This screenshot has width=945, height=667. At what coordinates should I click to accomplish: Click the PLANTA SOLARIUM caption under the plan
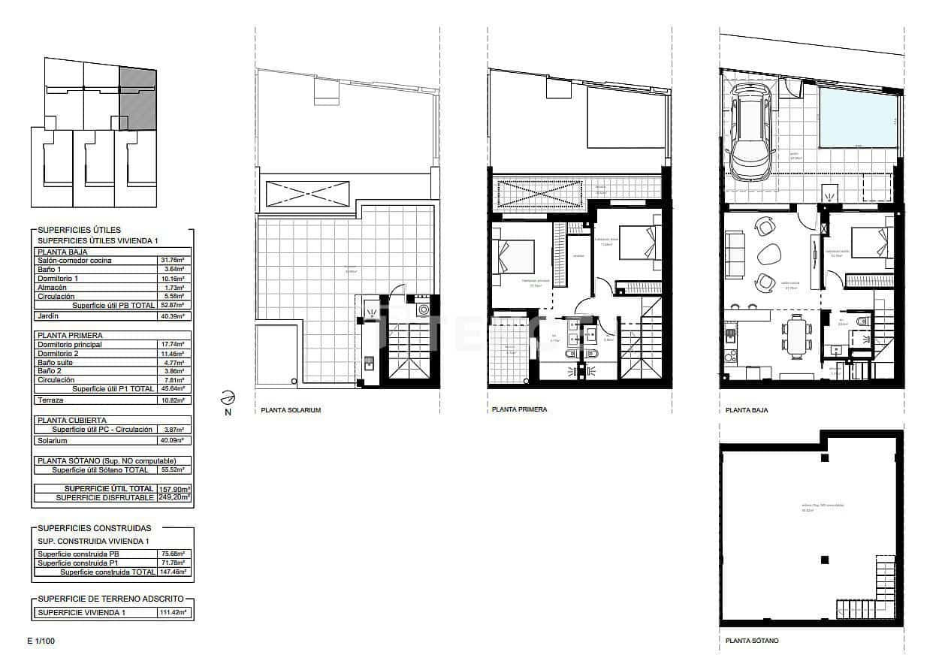click(x=291, y=411)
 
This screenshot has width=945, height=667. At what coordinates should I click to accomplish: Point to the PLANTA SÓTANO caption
click(x=752, y=641)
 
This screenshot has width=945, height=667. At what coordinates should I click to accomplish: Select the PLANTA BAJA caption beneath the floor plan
click(x=747, y=411)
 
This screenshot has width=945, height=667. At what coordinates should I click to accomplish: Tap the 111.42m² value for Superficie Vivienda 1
click(x=173, y=613)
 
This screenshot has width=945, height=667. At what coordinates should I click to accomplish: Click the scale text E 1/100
click(x=41, y=641)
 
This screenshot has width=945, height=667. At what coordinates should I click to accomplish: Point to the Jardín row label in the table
click(x=49, y=316)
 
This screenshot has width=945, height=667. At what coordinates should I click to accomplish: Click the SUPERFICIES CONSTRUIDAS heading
click(x=94, y=528)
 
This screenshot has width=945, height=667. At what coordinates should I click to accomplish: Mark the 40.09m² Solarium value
click(x=173, y=441)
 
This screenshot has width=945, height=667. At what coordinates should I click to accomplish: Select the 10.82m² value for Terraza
click(x=173, y=400)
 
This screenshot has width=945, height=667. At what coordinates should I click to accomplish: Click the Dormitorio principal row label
click(x=69, y=344)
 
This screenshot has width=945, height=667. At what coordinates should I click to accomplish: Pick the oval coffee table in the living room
click(x=768, y=255)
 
